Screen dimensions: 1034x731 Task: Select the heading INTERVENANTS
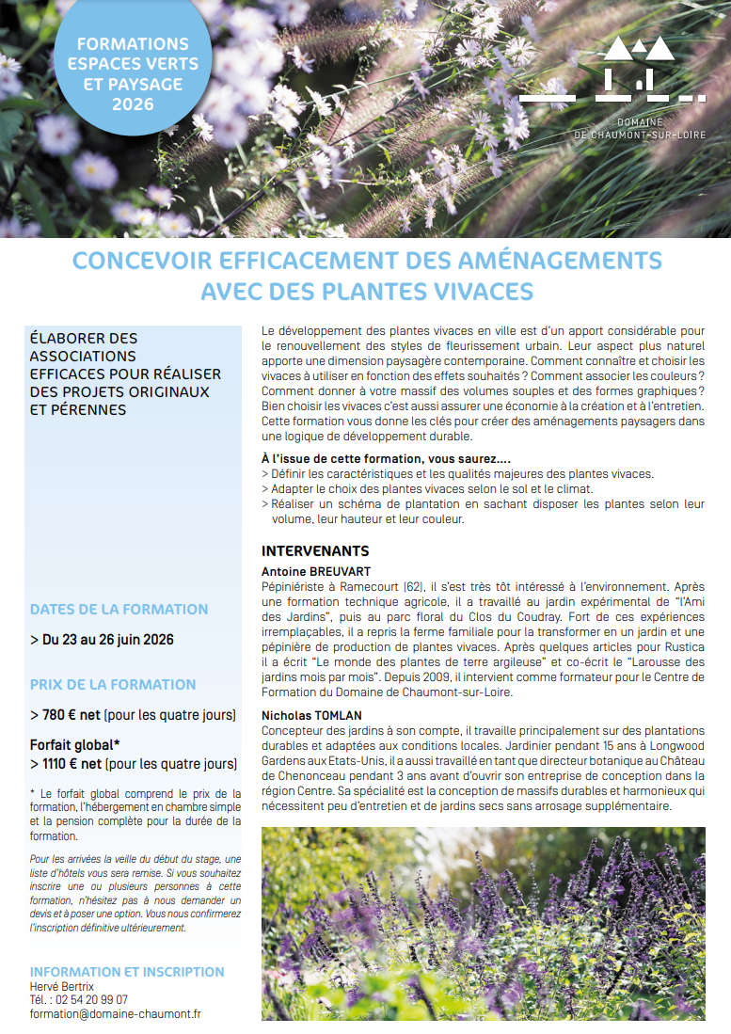coord(315,551)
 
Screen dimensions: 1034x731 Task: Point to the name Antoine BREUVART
coord(316,571)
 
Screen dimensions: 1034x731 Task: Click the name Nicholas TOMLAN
coord(311,715)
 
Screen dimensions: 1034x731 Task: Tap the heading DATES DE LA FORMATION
coord(119,610)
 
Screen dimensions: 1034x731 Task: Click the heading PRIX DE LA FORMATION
coord(113,684)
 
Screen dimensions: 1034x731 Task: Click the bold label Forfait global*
coord(74,745)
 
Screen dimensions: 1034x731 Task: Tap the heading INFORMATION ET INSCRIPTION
coord(127,972)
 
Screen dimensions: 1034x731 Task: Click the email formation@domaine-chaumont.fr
coord(115,1013)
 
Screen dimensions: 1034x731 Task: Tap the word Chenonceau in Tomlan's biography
coord(298,776)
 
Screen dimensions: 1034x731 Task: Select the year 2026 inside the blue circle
coord(133,104)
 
